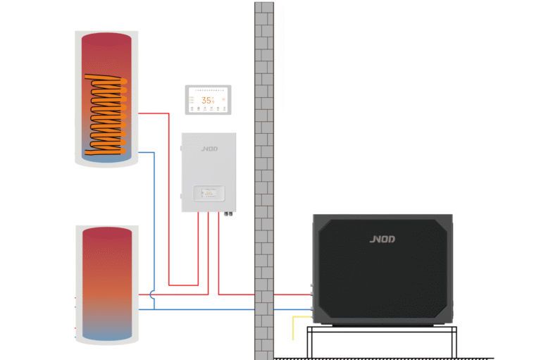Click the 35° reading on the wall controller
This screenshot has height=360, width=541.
[208, 100]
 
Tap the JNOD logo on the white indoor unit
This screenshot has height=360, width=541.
[209, 149]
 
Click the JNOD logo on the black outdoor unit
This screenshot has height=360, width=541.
[383, 239]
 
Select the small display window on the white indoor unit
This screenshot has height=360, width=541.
[209, 191]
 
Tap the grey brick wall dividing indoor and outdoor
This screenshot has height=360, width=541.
[263, 176]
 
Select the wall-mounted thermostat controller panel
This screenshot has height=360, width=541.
[208, 99]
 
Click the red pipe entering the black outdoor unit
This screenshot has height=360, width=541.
[282, 294]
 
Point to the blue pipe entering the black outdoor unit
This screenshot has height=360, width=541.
[282, 309]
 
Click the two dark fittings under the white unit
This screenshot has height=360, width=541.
[228, 210]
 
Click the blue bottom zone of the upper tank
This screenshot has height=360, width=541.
[106, 159]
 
